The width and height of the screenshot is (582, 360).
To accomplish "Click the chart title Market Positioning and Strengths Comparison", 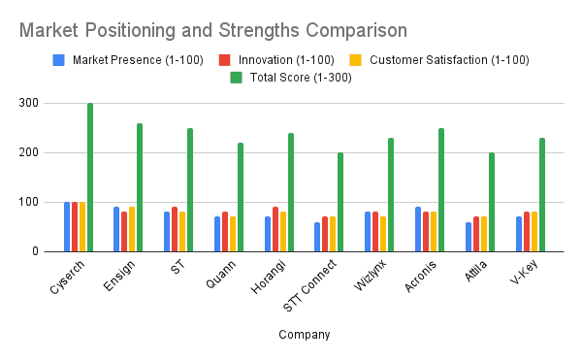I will pyautogui.click(x=212, y=30).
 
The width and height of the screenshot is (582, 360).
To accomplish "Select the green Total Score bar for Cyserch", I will pyautogui.click(x=90, y=178).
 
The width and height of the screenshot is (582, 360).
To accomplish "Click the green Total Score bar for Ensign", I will pyautogui.click(x=140, y=187).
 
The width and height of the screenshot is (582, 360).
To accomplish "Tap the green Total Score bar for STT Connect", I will pyautogui.click(x=340, y=202).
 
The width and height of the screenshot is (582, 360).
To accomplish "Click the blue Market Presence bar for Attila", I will pyautogui.click(x=469, y=237).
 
